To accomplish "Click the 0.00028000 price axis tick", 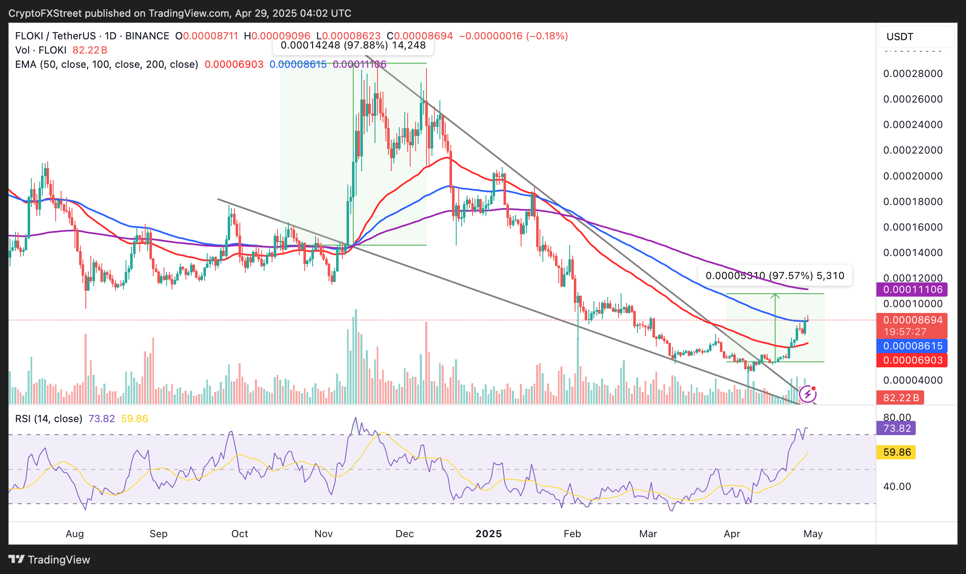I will (x=912, y=74).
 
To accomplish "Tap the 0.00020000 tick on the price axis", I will (x=912, y=176).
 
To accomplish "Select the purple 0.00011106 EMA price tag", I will (x=912, y=290).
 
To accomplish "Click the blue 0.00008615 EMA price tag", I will (x=912, y=346).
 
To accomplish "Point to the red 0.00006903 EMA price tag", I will (x=912, y=360).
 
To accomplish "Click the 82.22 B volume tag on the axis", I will (x=900, y=397).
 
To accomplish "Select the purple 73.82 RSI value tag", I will (x=896, y=428).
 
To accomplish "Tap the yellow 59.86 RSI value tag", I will (x=896, y=452).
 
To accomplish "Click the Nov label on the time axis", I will (x=324, y=534).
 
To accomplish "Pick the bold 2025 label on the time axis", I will (x=488, y=534).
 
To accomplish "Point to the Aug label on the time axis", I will (x=75, y=534).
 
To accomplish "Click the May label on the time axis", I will (x=813, y=534).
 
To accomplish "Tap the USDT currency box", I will (x=916, y=37).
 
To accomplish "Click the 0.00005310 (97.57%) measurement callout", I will (x=775, y=276).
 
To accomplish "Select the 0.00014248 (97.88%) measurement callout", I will (x=353, y=46).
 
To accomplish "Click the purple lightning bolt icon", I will (x=807, y=394).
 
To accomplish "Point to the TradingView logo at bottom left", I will (x=49, y=560).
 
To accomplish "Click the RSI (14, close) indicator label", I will (x=49, y=419).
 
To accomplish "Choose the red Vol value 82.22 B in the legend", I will (x=90, y=50).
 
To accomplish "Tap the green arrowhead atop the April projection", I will (x=775, y=296).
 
